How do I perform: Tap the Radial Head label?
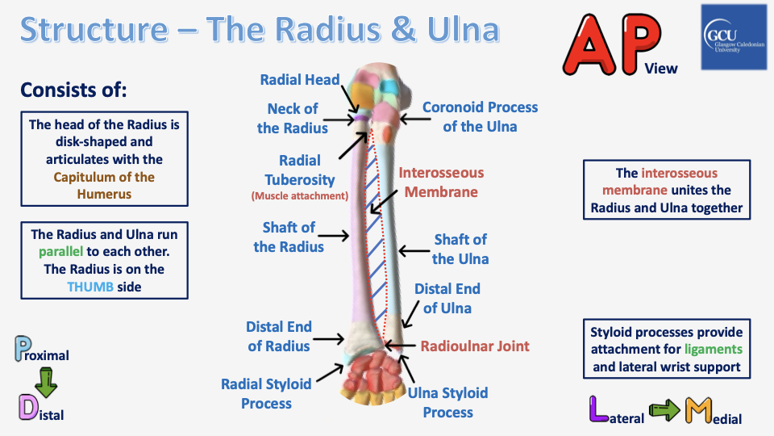[x=300, y=80]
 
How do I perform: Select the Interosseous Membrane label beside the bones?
[x=441, y=182]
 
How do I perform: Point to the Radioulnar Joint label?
[x=475, y=346]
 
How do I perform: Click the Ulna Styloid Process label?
[x=447, y=402]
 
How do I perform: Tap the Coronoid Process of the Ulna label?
[x=480, y=116]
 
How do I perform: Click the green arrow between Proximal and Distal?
[x=47, y=381]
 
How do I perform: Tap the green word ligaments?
[x=713, y=350]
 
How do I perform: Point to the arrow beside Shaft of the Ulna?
[x=416, y=249]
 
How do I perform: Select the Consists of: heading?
[x=73, y=89]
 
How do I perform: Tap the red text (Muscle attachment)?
[x=299, y=195]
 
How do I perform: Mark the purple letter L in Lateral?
[x=597, y=409]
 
